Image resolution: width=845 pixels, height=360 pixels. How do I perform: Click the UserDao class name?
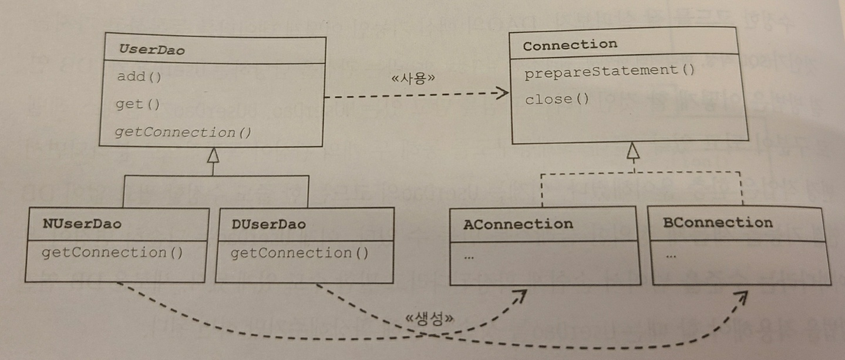[152, 50]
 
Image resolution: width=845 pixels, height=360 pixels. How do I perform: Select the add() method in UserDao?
[139, 77]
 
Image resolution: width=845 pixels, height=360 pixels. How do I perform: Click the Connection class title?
[570, 45]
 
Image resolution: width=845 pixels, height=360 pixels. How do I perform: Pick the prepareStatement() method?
[610, 71]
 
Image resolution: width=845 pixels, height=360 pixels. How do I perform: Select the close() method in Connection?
[557, 99]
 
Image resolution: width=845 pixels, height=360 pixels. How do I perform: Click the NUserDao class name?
[82, 224]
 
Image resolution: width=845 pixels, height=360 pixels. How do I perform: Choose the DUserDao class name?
[268, 224]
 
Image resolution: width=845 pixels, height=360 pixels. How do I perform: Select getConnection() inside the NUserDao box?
[112, 253]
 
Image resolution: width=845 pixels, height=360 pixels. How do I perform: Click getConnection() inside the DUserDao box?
[299, 254]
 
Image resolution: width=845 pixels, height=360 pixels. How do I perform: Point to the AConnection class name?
[518, 224]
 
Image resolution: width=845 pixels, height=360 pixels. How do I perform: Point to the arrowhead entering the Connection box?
[502, 92]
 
